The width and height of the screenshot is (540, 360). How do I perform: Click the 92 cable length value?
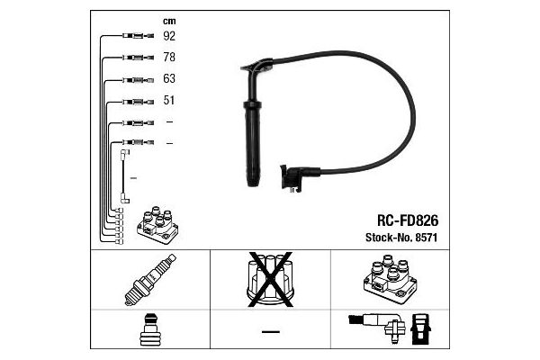[x=169, y=36]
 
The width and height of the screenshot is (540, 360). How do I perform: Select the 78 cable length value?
[x=169, y=57]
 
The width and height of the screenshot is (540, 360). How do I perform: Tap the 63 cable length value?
[x=169, y=78]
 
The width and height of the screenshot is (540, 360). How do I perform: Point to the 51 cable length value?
[x=169, y=100]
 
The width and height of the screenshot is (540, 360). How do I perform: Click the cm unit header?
[x=169, y=22]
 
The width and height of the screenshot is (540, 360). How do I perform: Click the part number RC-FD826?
[x=408, y=220]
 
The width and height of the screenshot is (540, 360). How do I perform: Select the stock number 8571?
[x=427, y=238]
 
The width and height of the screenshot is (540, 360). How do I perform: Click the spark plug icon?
[x=149, y=280]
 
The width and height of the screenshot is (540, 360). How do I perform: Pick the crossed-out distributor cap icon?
[x=270, y=279]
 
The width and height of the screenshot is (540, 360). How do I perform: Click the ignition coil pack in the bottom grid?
[x=391, y=279]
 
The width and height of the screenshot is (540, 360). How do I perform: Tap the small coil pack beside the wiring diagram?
[x=157, y=225]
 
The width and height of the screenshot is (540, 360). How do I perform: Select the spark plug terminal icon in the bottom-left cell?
[x=149, y=329]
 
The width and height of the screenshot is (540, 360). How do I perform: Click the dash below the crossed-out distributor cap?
[x=271, y=332]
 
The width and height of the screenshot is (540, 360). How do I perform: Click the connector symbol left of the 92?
[x=138, y=35]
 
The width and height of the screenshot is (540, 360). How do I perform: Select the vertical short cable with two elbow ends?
[x=125, y=176]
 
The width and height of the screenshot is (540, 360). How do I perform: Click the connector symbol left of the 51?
[x=138, y=102]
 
